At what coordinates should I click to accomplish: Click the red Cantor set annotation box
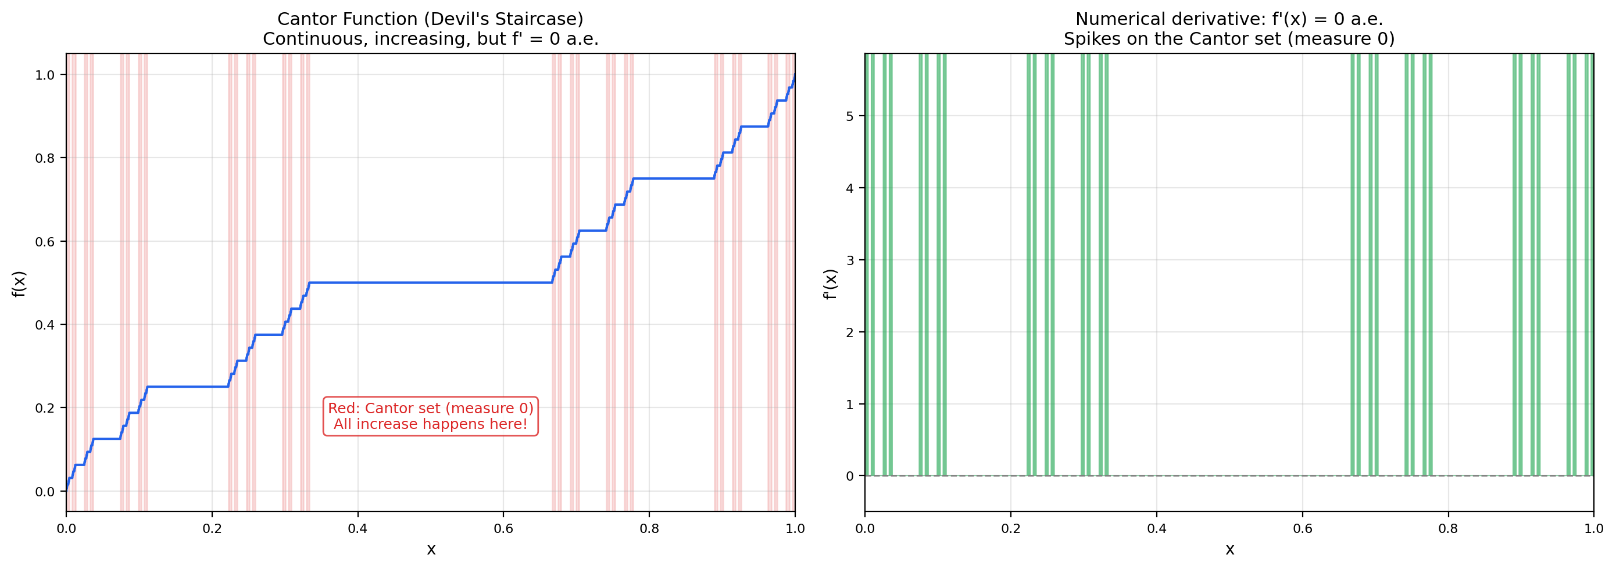[x=430, y=416]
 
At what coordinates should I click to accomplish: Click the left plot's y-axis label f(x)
[x=19, y=284]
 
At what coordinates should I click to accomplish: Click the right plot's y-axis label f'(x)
[x=830, y=284]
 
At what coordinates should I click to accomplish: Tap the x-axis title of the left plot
[x=431, y=550]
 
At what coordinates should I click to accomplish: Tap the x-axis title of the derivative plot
[x=1229, y=550]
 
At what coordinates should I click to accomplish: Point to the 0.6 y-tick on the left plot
[x=45, y=242]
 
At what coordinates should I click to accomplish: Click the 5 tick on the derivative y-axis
[x=849, y=116]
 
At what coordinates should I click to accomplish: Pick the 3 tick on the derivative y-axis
[x=849, y=260]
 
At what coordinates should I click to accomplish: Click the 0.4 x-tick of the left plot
[x=357, y=529]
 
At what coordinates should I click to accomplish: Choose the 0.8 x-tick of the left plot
[x=649, y=529]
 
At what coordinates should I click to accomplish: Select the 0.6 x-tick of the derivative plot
[x=1302, y=529]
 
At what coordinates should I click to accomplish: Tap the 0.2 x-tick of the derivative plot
[x=1011, y=529]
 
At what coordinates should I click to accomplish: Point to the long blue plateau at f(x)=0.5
[x=430, y=283]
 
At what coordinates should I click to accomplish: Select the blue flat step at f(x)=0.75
[x=673, y=179]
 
